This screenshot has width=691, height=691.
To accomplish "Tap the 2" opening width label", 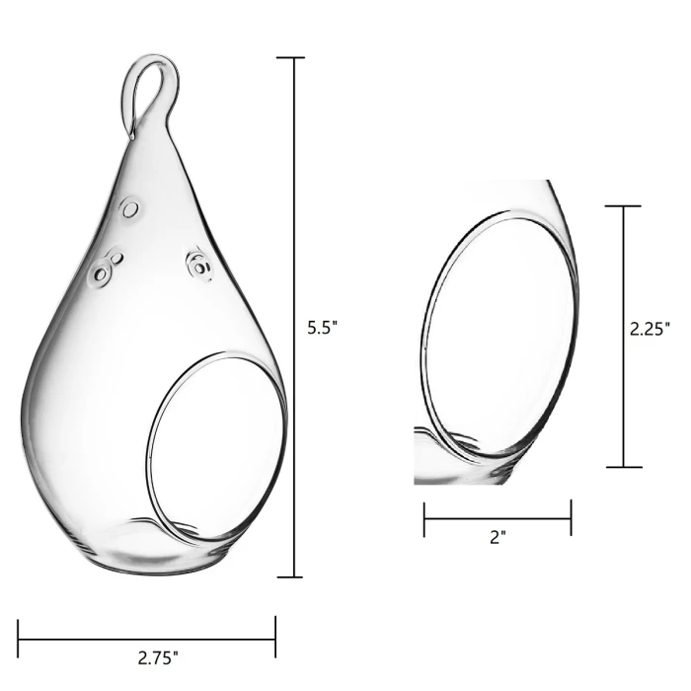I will click(x=498, y=539).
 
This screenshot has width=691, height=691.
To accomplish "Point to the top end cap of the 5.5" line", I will click(x=290, y=58).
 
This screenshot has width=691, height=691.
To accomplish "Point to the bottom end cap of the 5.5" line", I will click(x=290, y=576).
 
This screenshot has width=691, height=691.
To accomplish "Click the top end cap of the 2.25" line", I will click(x=623, y=206).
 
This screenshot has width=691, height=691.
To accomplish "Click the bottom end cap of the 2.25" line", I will click(x=623, y=467).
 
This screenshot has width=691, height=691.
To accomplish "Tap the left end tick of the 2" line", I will click(x=424, y=519).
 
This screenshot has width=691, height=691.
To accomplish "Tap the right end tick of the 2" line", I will click(x=571, y=519).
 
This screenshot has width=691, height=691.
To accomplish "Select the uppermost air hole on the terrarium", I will click(x=129, y=208).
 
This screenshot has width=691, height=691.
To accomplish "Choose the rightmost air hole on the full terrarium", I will click(x=199, y=264).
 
